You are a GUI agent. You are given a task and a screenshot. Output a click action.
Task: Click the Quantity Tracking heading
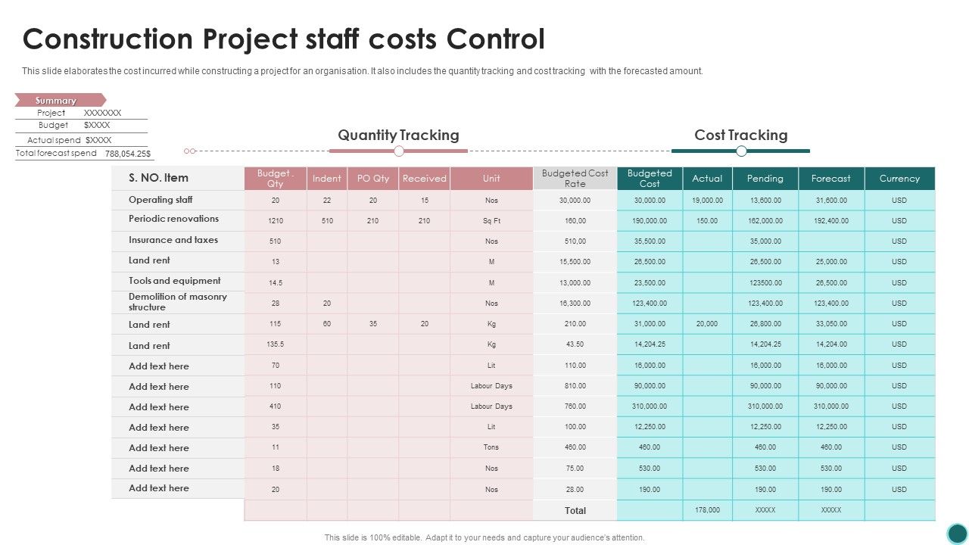(x=398, y=135)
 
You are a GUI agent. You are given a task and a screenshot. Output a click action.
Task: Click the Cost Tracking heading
(x=740, y=135)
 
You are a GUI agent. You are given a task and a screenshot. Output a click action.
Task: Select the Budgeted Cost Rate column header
(x=575, y=179)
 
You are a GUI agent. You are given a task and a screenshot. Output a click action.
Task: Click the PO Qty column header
(x=372, y=179)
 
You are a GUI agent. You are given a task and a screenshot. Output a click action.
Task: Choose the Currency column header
(x=899, y=179)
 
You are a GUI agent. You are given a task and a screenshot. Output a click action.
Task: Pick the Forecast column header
(x=830, y=179)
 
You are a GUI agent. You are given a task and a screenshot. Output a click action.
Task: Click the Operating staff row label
(x=160, y=200)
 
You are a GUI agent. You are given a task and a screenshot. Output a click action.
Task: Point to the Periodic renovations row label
(x=173, y=219)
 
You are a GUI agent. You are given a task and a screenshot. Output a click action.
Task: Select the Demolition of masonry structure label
(x=177, y=302)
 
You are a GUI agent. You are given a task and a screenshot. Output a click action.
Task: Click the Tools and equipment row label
(x=174, y=281)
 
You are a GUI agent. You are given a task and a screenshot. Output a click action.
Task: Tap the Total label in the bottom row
(x=575, y=511)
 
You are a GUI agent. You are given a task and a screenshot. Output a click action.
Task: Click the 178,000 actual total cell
(x=707, y=510)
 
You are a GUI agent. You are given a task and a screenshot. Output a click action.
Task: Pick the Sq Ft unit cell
(x=491, y=221)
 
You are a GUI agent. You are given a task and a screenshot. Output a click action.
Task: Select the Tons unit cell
(x=491, y=447)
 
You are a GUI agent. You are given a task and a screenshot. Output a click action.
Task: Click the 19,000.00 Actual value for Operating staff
(x=707, y=201)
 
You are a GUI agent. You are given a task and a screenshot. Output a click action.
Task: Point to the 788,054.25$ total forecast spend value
(x=127, y=154)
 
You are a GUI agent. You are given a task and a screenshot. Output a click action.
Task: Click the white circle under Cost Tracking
(x=741, y=151)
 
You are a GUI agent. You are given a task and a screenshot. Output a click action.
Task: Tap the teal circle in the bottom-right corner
(x=958, y=533)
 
